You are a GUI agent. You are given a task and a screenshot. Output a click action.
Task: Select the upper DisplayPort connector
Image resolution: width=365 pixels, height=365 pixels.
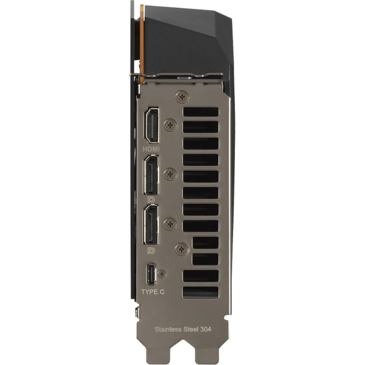(151, 175)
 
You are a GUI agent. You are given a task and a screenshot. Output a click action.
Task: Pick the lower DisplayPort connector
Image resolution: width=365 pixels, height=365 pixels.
(151, 225)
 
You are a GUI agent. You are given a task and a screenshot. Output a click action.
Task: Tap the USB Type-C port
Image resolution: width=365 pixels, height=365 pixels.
(152, 274)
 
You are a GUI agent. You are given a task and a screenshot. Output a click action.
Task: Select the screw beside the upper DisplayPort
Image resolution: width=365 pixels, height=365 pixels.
(170, 174)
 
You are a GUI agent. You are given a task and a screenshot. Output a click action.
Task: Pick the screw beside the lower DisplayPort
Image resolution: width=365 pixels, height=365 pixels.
(170, 224)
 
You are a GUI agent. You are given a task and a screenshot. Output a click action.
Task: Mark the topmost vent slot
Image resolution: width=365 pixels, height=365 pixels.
(200, 112)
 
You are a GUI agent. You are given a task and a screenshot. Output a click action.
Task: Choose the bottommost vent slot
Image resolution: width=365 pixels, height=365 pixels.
(200, 292)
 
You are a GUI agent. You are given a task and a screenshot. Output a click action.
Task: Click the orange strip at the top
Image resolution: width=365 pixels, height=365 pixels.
(142, 41)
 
